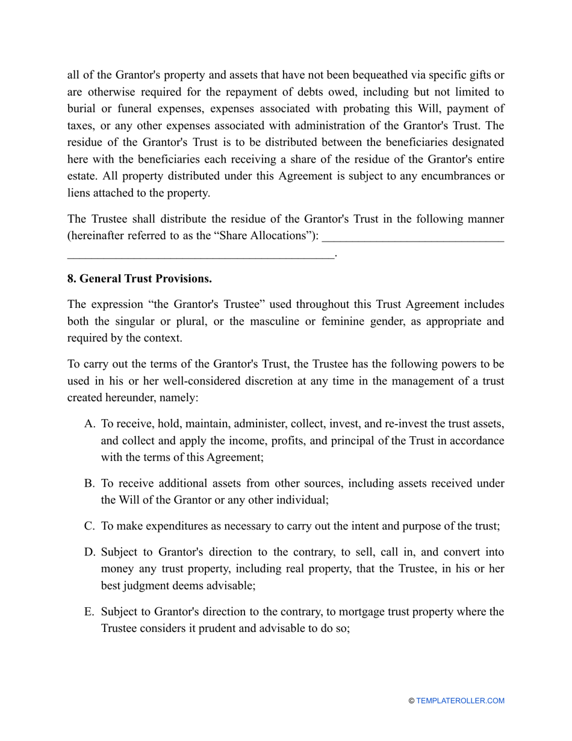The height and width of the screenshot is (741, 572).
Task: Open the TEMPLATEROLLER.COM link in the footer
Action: (x=460, y=701)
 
